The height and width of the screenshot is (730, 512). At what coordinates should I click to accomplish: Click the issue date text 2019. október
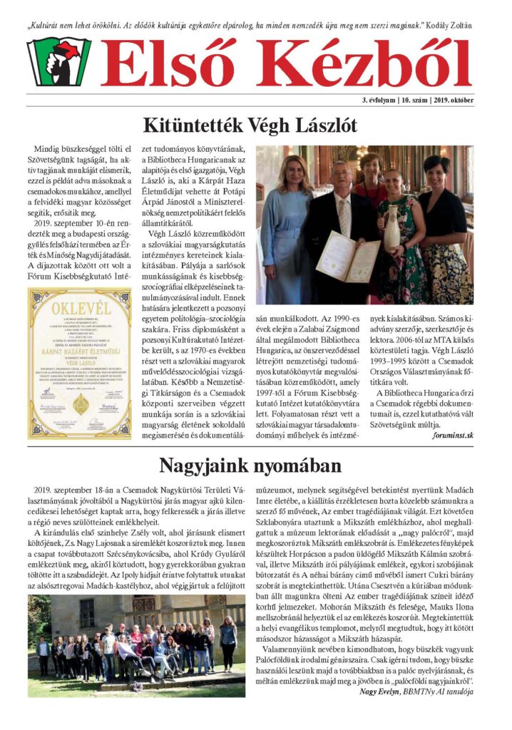452,100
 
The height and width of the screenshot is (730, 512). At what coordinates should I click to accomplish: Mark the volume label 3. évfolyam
383,100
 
